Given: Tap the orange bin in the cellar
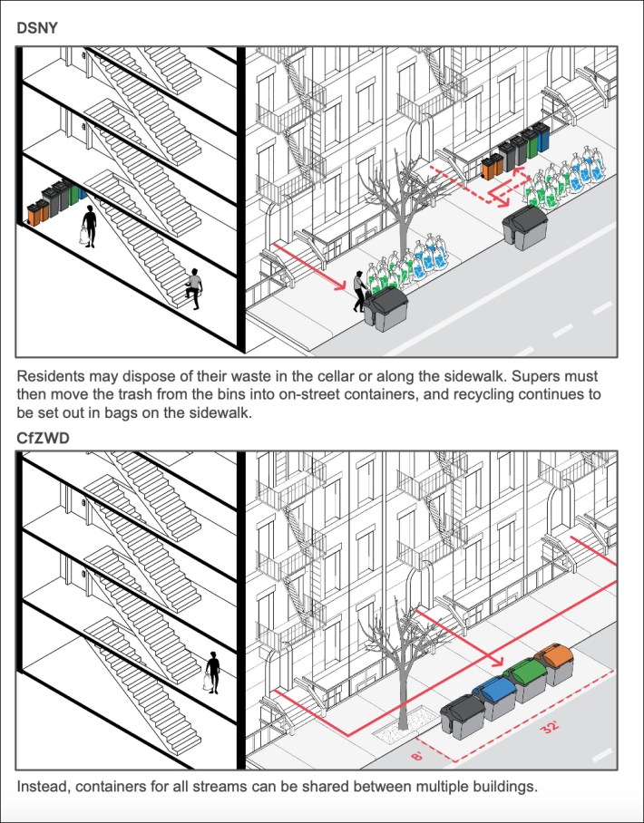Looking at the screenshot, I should (36, 211).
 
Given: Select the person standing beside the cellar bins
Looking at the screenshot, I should (89, 225).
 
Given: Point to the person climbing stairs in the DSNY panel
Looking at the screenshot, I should (193, 288).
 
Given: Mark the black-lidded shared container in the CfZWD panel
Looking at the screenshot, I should (463, 712).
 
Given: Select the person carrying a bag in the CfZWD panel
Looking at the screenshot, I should (211, 672).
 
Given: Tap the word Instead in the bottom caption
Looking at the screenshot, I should (43, 786).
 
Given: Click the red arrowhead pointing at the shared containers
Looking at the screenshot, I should (497, 661).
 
